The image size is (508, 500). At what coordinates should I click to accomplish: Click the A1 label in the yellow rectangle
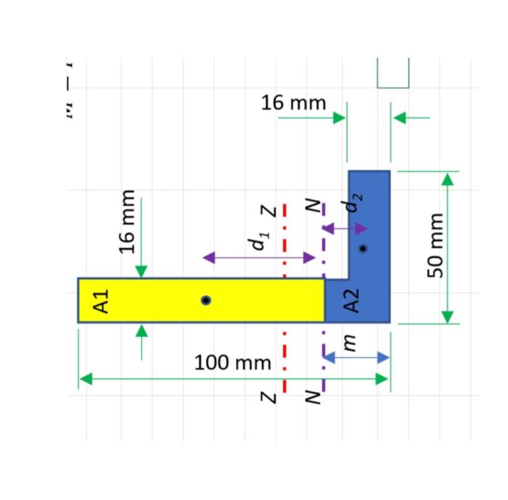click(x=102, y=300)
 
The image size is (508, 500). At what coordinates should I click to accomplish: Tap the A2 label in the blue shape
click(x=351, y=300)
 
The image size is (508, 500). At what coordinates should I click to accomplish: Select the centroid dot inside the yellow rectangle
click(x=206, y=300)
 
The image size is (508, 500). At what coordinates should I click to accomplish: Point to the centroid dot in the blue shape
click(x=363, y=248)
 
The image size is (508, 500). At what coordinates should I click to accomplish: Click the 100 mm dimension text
click(x=232, y=362)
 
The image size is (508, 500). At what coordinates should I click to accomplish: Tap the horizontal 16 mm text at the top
click(x=293, y=104)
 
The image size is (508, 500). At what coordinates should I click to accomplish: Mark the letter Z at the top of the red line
click(x=268, y=211)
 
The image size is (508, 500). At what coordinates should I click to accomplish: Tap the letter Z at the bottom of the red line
click(x=268, y=397)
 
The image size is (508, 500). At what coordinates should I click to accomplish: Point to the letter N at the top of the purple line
click(x=311, y=208)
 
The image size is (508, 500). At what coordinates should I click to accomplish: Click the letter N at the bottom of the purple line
click(x=311, y=397)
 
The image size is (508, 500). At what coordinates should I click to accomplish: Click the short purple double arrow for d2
click(x=345, y=229)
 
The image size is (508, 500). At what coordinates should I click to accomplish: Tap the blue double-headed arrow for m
click(x=356, y=357)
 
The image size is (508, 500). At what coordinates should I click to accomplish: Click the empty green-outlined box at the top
click(x=393, y=72)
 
